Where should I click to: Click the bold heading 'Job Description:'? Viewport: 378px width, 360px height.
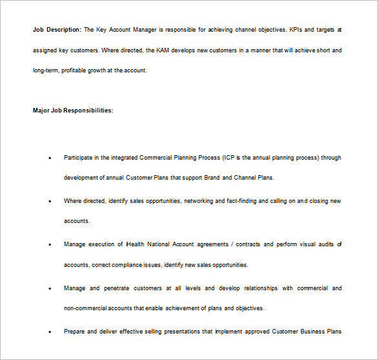point(57,30)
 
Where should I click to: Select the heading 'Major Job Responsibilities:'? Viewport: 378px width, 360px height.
point(73,111)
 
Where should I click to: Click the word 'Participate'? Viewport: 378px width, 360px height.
point(78,158)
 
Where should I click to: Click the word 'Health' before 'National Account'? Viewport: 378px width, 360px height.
point(135,244)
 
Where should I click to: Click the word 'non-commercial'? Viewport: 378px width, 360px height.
point(85,308)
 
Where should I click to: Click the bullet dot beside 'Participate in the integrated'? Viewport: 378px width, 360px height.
point(50,158)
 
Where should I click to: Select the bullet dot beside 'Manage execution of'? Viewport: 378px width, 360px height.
point(50,245)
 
